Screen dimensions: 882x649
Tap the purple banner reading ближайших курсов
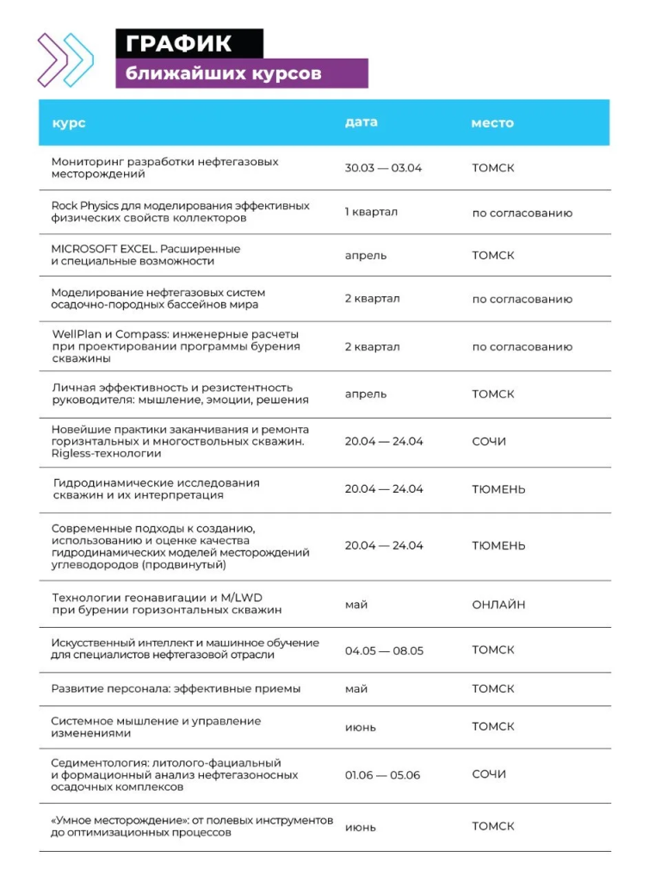pos(241,73)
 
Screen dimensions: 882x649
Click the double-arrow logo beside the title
pos(65,59)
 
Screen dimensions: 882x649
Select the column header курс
pos(68,123)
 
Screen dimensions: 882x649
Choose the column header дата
pos(361,122)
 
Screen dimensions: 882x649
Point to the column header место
pos(492,123)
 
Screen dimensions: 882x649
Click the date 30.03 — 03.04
pos(383,168)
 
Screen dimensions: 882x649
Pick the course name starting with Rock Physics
pos(180,212)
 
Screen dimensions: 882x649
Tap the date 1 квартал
pos(371,212)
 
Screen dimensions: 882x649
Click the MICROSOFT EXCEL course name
pos(145,255)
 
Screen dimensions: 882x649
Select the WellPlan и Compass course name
pos(176,346)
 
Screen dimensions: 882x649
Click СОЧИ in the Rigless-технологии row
pos(489,442)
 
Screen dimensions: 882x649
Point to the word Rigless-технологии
pos(100,453)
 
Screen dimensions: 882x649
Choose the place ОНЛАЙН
pos(498,605)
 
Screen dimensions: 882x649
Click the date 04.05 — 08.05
pos(384,650)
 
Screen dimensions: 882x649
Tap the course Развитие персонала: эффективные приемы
pos(176,689)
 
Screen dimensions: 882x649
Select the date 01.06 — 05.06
pos(382,775)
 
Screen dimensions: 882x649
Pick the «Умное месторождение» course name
pos(192,827)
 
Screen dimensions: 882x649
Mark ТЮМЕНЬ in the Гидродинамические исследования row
pos(498,489)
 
